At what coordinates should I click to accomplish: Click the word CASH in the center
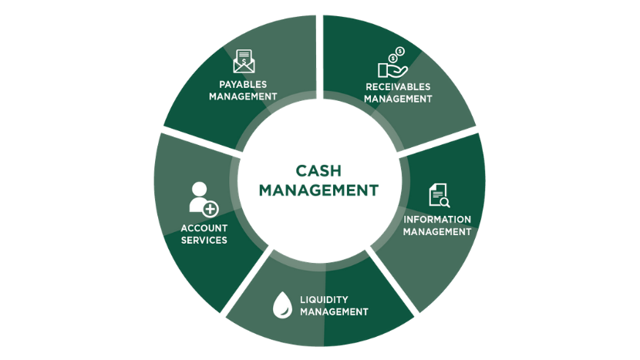click(x=318, y=170)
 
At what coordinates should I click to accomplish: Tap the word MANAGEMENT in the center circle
click(x=318, y=190)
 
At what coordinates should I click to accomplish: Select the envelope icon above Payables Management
click(x=243, y=59)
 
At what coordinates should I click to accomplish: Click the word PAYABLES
click(x=243, y=83)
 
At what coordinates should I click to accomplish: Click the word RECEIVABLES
click(x=398, y=86)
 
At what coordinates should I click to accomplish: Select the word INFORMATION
click(x=438, y=219)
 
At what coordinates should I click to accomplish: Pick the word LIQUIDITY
click(x=324, y=299)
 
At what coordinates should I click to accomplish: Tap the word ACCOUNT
click(x=204, y=227)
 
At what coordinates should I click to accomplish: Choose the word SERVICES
click(x=204, y=240)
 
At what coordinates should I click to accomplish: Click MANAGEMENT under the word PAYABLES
click(x=243, y=96)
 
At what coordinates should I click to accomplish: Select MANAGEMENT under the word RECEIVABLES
click(x=398, y=99)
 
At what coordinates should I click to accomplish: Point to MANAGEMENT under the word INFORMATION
click(x=438, y=231)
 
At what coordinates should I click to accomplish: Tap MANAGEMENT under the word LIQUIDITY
click(x=334, y=311)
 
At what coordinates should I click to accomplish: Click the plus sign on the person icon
click(x=211, y=208)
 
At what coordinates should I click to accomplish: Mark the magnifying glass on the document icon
click(x=444, y=203)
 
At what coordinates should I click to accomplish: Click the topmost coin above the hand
click(x=400, y=51)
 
